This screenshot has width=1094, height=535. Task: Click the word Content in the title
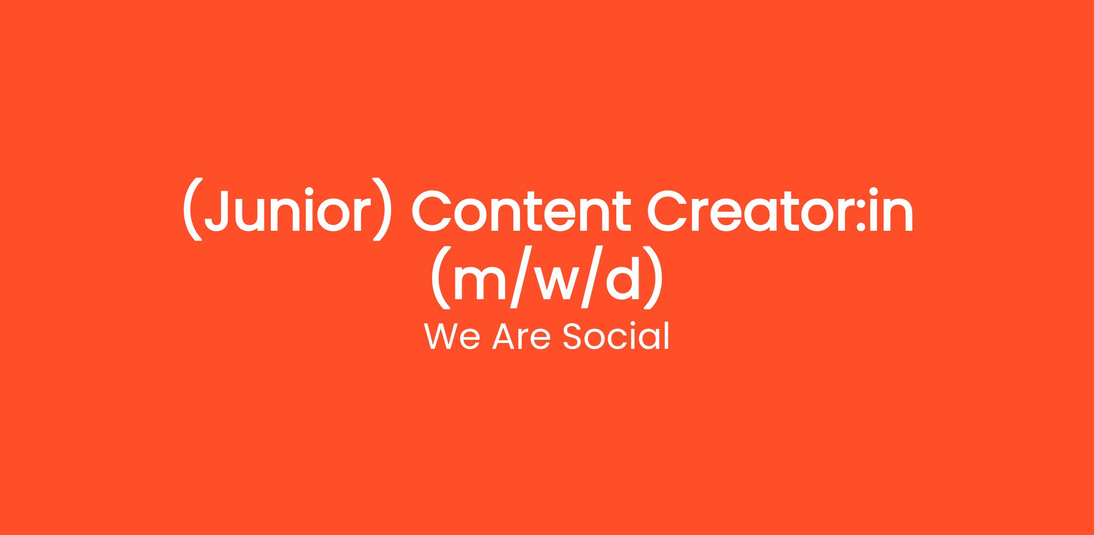(521, 210)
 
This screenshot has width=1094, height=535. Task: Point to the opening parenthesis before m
(441, 277)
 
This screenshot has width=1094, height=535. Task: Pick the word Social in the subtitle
(616, 337)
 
